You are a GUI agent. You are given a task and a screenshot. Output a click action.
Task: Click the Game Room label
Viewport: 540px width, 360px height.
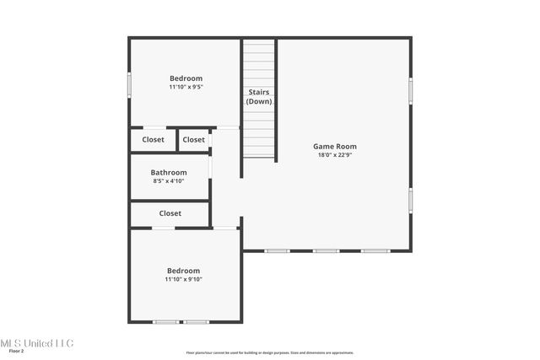(x=335, y=146)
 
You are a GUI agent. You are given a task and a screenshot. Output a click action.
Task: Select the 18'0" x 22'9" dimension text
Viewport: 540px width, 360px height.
(x=335, y=155)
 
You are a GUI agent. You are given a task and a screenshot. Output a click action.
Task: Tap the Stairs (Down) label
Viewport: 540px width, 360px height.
(x=259, y=96)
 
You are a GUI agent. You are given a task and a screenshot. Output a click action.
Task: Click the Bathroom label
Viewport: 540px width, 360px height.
(x=169, y=172)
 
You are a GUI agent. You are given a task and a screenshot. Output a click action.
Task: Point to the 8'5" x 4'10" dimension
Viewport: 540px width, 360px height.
(x=169, y=180)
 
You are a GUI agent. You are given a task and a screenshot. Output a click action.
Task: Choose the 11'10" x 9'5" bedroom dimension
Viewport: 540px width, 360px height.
(x=186, y=86)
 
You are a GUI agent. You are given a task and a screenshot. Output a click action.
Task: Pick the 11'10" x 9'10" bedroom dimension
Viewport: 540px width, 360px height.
(x=183, y=279)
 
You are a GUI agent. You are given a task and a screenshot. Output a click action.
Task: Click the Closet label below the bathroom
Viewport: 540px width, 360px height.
(x=170, y=213)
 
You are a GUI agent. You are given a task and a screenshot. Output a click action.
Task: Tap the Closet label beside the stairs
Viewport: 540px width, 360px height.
(x=193, y=140)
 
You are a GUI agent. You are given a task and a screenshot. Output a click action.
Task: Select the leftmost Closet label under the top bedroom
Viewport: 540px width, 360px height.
(x=153, y=140)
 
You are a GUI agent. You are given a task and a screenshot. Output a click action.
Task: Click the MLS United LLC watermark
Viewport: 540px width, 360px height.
(x=36, y=343)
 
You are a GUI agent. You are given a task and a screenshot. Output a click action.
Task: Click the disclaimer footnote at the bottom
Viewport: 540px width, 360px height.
(x=270, y=352)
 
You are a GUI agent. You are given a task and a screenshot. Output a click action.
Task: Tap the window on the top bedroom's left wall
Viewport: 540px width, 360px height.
(x=129, y=85)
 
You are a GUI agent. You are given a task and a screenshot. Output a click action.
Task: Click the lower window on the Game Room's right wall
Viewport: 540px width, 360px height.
(x=411, y=200)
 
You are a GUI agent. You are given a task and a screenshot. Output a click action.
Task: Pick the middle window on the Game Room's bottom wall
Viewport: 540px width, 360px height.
(x=326, y=250)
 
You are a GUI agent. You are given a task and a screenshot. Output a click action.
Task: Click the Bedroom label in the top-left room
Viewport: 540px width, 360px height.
(x=186, y=78)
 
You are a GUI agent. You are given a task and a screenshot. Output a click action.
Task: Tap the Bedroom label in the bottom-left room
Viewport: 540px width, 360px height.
(x=183, y=271)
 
